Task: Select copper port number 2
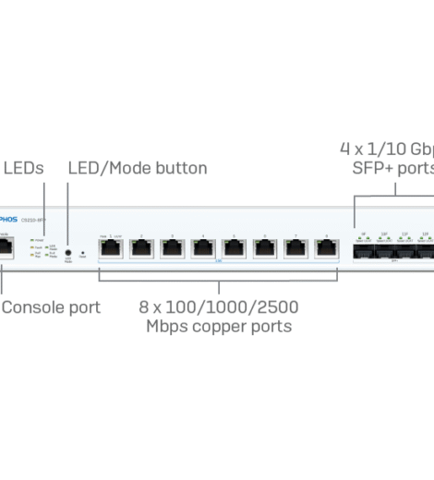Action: [x=141, y=248]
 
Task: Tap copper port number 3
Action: [x=172, y=248]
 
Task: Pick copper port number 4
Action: [x=202, y=248]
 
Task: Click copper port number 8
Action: [x=324, y=248]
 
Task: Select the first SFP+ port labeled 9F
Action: [x=363, y=250]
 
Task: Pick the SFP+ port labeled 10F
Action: [x=384, y=250]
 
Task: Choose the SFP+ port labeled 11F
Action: [x=405, y=250]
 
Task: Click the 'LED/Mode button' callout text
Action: [x=138, y=168]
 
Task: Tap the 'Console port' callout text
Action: [x=51, y=306]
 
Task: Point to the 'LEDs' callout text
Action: [x=23, y=168]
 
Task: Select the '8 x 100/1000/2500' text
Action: [x=218, y=306]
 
